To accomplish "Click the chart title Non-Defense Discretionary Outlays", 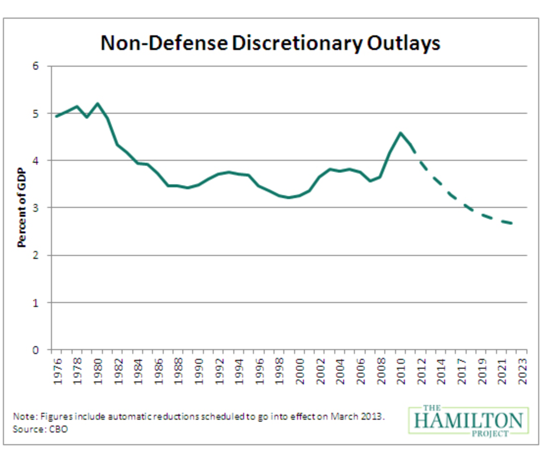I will point(270,43).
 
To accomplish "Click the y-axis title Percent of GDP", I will point(22,208).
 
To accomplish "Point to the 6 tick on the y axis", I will point(36,66).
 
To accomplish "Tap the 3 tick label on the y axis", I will point(36,208).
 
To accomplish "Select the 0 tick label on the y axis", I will point(36,350).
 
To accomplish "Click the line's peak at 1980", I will point(98,103).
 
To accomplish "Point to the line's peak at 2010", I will point(401,133).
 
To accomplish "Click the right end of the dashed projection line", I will point(513,223).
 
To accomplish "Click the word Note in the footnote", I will point(22,417).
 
